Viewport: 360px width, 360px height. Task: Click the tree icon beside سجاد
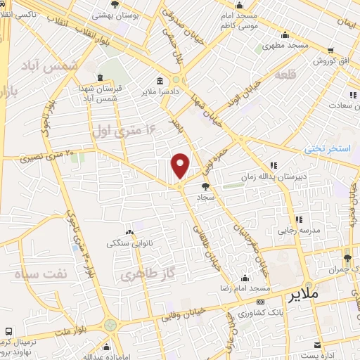[x=205, y=186]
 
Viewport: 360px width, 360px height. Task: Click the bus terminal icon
[x=8, y=331]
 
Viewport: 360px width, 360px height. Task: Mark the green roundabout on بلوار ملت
[x=110, y=326]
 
